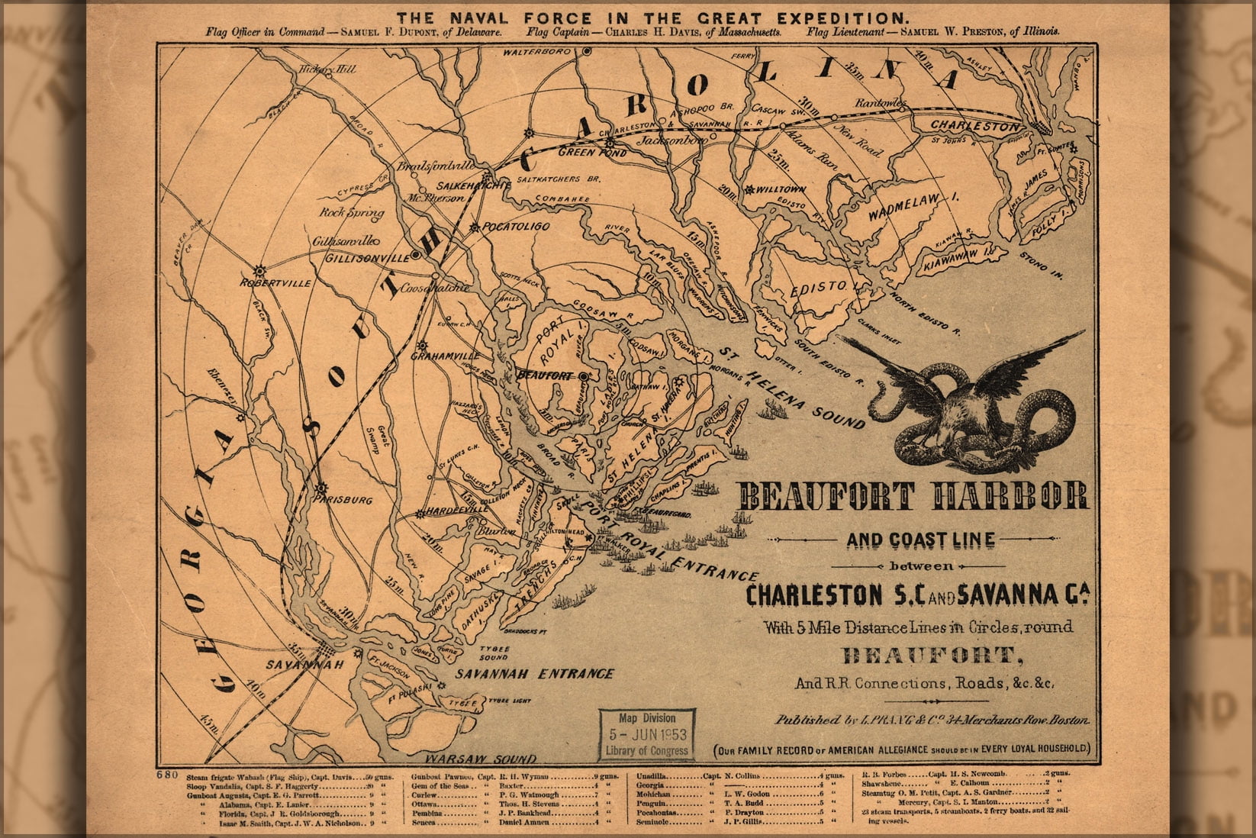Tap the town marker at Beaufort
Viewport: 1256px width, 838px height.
(583, 376)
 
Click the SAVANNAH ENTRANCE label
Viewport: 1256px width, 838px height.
(534, 674)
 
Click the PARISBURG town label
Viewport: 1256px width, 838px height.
(342, 500)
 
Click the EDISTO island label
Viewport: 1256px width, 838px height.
(824, 288)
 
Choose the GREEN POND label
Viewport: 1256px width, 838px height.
(593, 153)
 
